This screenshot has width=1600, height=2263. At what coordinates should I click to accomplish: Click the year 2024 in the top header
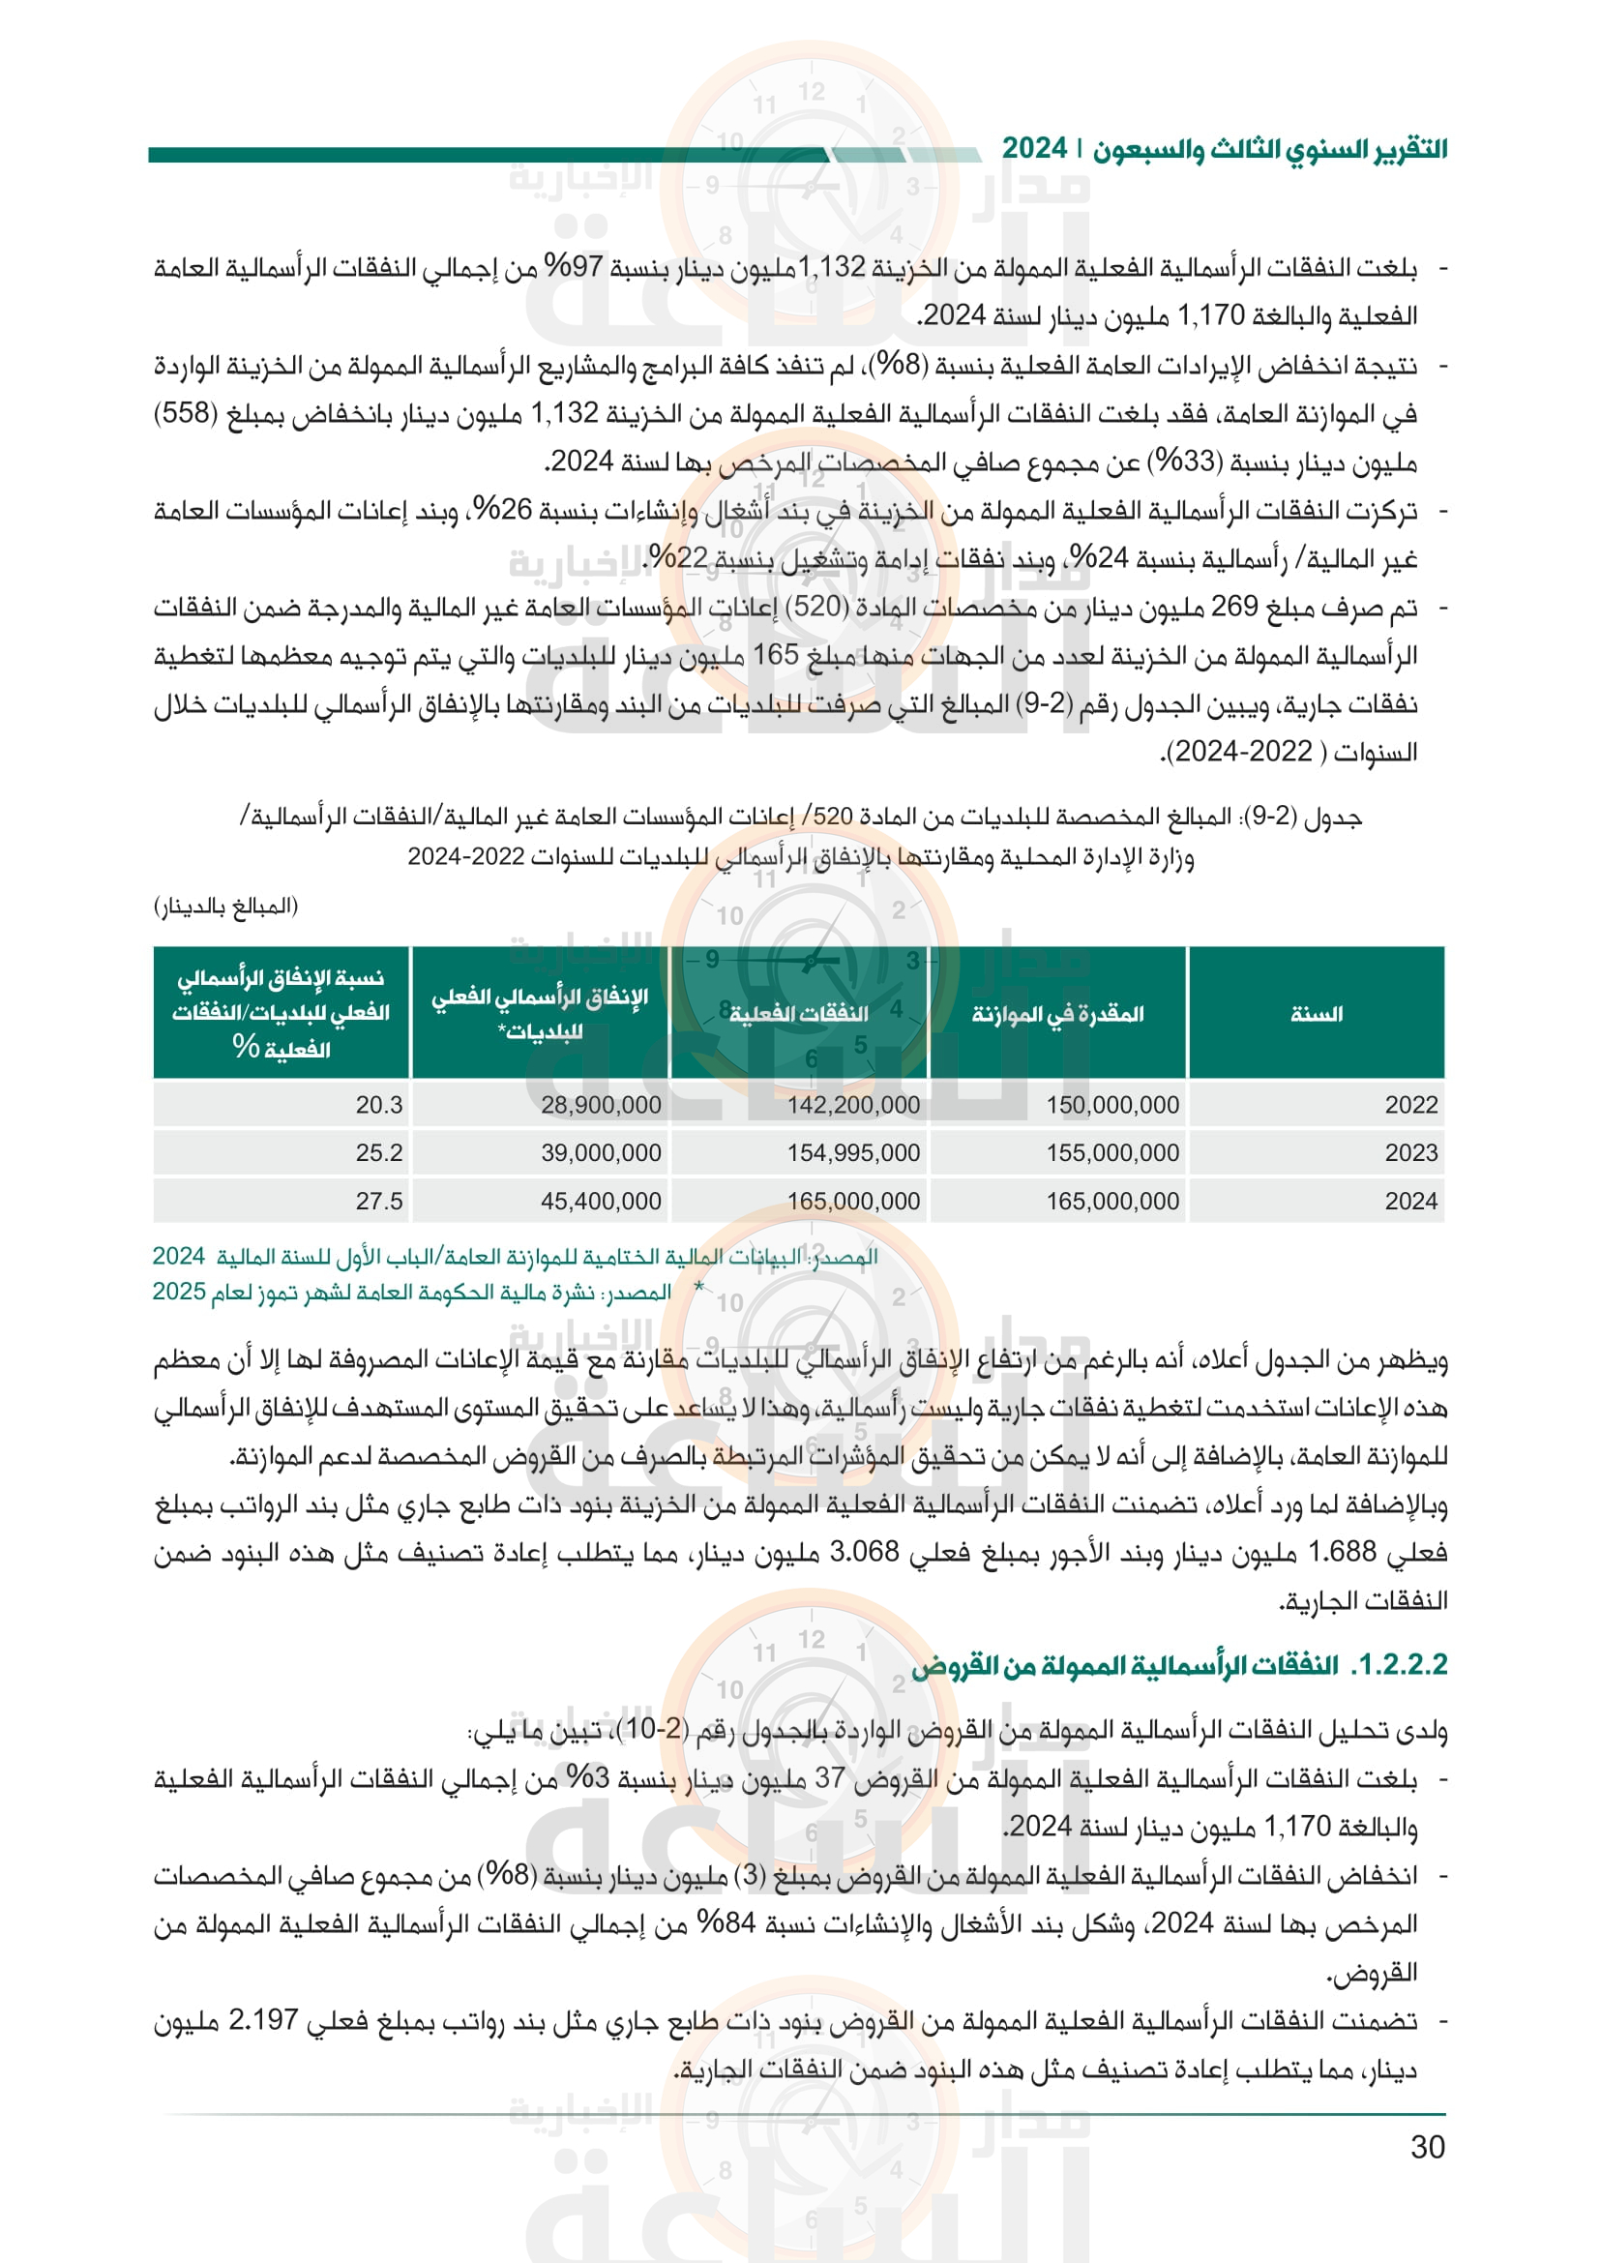(x=1034, y=149)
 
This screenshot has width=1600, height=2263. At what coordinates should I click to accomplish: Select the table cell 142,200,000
(x=853, y=1105)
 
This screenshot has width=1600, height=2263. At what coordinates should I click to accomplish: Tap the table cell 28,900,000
(x=601, y=1105)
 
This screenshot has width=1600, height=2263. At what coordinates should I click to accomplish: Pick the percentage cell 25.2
(x=379, y=1152)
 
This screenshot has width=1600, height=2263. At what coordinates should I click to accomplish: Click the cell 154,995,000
(x=853, y=1152)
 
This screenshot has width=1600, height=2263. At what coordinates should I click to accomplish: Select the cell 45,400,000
(x=601, y=1201)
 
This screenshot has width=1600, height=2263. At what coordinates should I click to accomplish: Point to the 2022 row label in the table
(x=1410, y=1105)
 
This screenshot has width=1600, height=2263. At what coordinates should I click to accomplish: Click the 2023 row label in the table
(x=1410, y=1152)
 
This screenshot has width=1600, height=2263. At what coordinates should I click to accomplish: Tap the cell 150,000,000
(x=1112, y=1105)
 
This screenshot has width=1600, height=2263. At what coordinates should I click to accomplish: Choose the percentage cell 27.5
(x=379, y=1201)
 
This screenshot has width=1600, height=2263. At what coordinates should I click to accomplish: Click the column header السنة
(x=1317, y=1014)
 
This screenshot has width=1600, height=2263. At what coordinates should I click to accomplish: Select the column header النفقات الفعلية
(x=799, y=1014)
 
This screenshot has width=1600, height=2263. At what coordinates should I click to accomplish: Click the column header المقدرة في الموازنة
(x=1058, y=1014)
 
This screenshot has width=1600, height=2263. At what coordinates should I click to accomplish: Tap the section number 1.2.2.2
(x=1401, y=1665)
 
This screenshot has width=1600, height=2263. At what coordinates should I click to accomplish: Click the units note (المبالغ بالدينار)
(x=225, y=906)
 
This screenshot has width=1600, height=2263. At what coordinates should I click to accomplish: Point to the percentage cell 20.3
(x=379, y=1105)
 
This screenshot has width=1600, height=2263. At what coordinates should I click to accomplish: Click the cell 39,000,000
(x=601, y=1152)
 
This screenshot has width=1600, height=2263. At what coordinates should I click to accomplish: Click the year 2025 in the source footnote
(x=178, y=1292)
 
